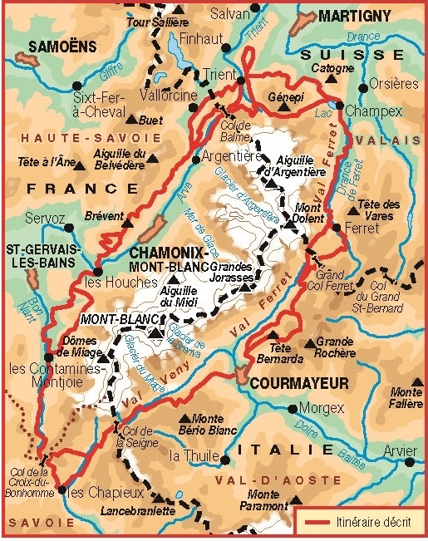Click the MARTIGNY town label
355,16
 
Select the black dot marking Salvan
255,7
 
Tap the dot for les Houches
97,272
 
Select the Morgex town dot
293,408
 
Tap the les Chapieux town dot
61,490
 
